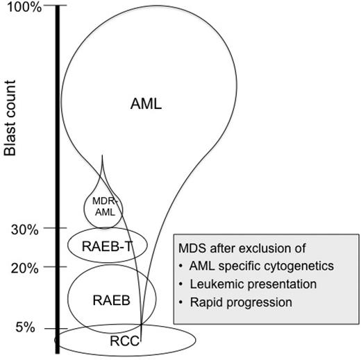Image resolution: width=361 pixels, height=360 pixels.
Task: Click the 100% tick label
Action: tap(25, 8)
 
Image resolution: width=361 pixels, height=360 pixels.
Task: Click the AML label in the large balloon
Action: tap(146, 104)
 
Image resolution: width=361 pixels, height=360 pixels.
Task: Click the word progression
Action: tap(260, 302)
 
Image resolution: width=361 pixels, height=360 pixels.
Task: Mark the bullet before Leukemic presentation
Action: tap(182, 284)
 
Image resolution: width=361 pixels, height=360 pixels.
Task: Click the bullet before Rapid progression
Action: tap(182, 302)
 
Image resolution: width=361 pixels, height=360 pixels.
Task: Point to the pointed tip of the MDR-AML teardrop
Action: tap(102, 156)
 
